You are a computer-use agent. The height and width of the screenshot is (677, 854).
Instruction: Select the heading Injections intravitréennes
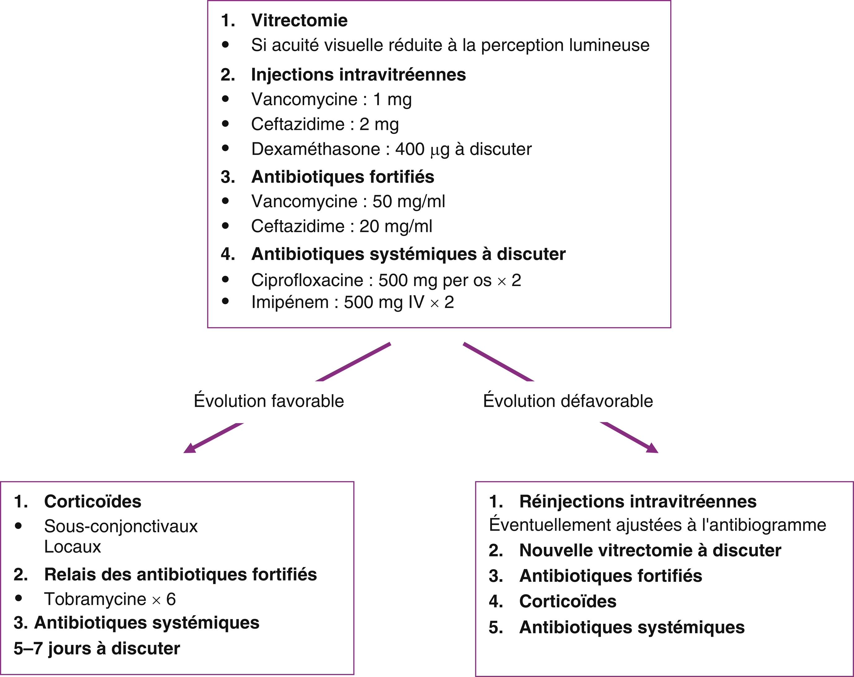(359, 75)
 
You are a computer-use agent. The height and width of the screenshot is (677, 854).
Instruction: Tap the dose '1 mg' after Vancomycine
(392, 100)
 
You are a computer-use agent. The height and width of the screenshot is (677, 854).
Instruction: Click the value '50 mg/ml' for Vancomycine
(409, 202)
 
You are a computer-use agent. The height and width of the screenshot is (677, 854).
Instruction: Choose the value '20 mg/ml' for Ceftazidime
(396, 226)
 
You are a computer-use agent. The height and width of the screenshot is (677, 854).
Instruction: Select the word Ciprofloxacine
(307, 280)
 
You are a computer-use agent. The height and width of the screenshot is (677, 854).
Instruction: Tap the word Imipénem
(290, 302)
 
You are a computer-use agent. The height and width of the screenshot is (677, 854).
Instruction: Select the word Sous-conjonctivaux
(121, 526)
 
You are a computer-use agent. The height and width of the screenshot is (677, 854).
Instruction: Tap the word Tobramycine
(95, 599)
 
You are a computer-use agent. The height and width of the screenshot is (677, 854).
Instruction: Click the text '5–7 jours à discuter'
(97, 649)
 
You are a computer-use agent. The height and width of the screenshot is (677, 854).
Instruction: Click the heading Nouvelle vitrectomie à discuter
(650, 550)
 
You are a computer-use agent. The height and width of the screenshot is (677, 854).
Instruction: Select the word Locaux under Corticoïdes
(72, 547)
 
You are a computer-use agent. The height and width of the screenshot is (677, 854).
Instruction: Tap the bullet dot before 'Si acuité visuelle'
(225, 45)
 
